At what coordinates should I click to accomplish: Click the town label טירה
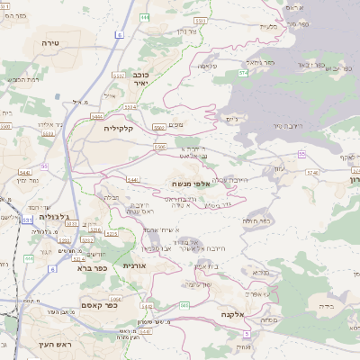pos(49,43)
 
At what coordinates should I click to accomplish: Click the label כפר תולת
pos(257,220)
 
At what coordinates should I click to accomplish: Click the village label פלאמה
pos(209,65)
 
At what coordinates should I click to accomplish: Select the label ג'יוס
pos(232,118)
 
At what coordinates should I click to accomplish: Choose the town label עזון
pos(278,170)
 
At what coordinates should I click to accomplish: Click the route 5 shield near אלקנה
pos(246,334)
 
